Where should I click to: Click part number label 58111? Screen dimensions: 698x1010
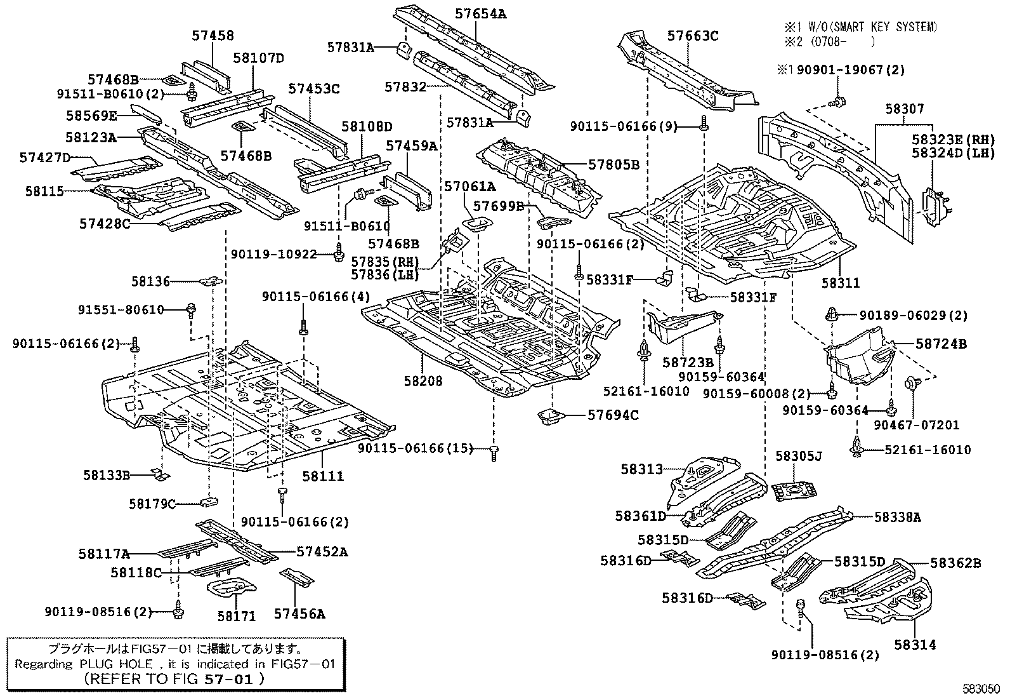tap(323, 476)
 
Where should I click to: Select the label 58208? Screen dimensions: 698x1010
tap(423, 381)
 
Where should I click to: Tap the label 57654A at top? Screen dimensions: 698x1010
tap(481, 13)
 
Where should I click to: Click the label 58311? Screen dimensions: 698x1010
tap(841, 283)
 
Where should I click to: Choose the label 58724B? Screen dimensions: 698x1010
tap(941, 344)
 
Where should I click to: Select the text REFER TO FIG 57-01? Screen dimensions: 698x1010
tap(174, 678)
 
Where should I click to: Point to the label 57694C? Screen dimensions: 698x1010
tap(613, 415)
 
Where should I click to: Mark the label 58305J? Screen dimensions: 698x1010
tap(799, 456)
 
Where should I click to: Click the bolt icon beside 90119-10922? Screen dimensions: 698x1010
tap(339, 255)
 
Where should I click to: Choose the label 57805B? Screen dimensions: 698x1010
tap(613, 164)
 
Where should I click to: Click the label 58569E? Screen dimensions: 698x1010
tap(91, 116)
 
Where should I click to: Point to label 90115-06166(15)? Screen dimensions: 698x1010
tap(416, 448)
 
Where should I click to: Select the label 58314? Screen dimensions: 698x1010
tap(915, 645)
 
